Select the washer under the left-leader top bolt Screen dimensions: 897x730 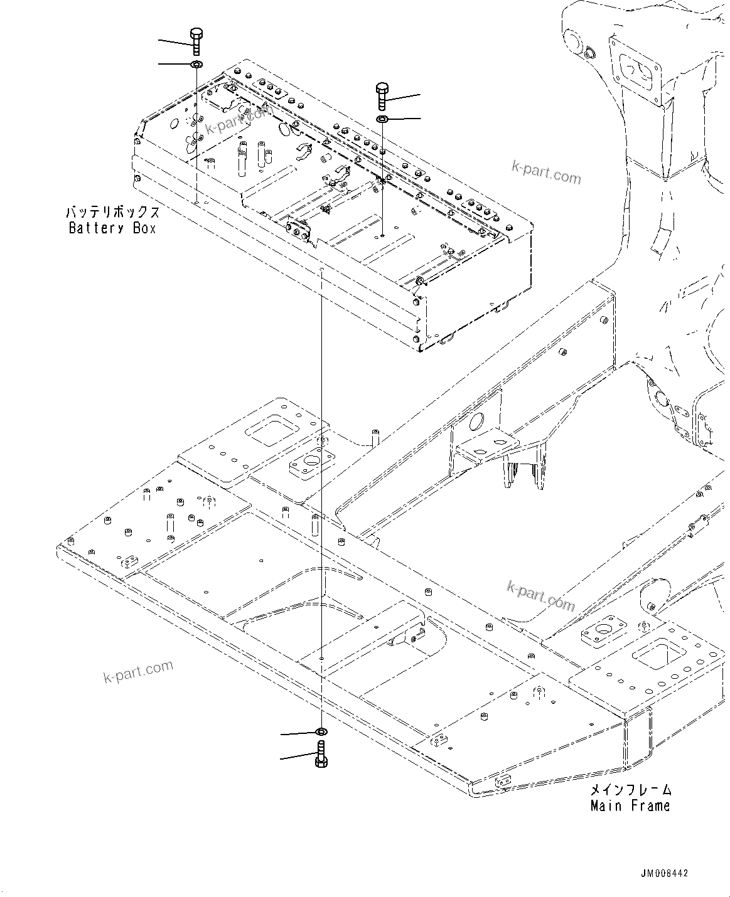tap(196, 65)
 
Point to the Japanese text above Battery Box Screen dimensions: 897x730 tap(112, 212)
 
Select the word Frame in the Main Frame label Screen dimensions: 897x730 tap(650, 805)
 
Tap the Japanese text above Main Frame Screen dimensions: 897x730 tap(631, 790)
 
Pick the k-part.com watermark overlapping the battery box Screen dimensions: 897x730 tap(239, 118)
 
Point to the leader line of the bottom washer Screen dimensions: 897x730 tap(298, 733)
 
